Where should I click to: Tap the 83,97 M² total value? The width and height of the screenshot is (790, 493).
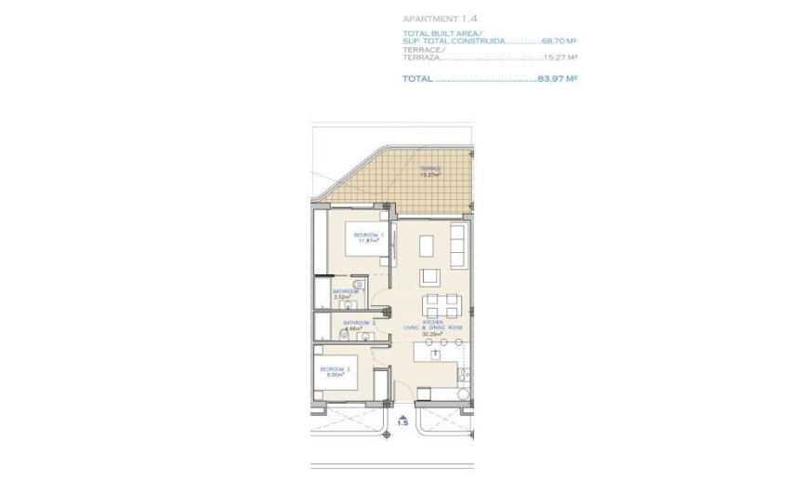558,79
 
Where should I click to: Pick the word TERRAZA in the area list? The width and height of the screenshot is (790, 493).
418,58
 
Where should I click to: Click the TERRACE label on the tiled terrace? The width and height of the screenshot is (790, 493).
430,169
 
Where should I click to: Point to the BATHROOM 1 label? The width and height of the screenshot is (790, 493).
348,291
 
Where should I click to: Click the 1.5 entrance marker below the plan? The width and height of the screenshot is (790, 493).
402,422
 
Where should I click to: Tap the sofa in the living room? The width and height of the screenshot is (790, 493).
457,244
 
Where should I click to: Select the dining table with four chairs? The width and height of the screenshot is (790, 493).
441,304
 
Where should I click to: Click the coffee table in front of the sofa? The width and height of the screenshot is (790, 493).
427,246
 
